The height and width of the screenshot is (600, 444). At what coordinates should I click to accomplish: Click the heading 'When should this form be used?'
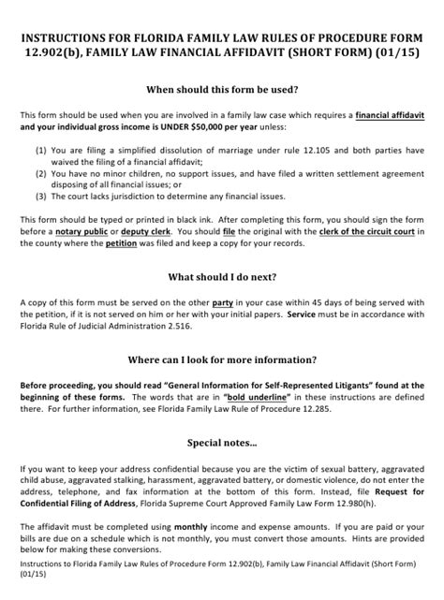(221, 91)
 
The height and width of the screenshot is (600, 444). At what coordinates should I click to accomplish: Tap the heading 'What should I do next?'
(221, 277)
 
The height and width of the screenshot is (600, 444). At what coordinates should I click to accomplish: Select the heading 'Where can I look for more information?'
(221, 359)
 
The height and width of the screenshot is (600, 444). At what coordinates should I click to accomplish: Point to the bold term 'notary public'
(82, 230)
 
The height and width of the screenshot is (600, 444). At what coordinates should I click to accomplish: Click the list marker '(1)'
(41, 149)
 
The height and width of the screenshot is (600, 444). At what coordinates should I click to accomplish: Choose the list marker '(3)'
(41, 196)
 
